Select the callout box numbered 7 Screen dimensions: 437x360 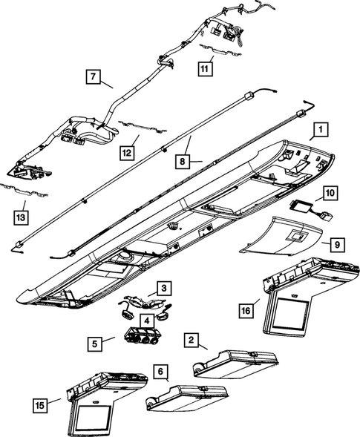pos(94,76)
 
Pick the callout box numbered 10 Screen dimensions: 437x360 pos(330,194)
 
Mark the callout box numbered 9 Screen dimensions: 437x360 pos(336,243)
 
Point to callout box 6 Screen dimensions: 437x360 pos(160,371)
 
